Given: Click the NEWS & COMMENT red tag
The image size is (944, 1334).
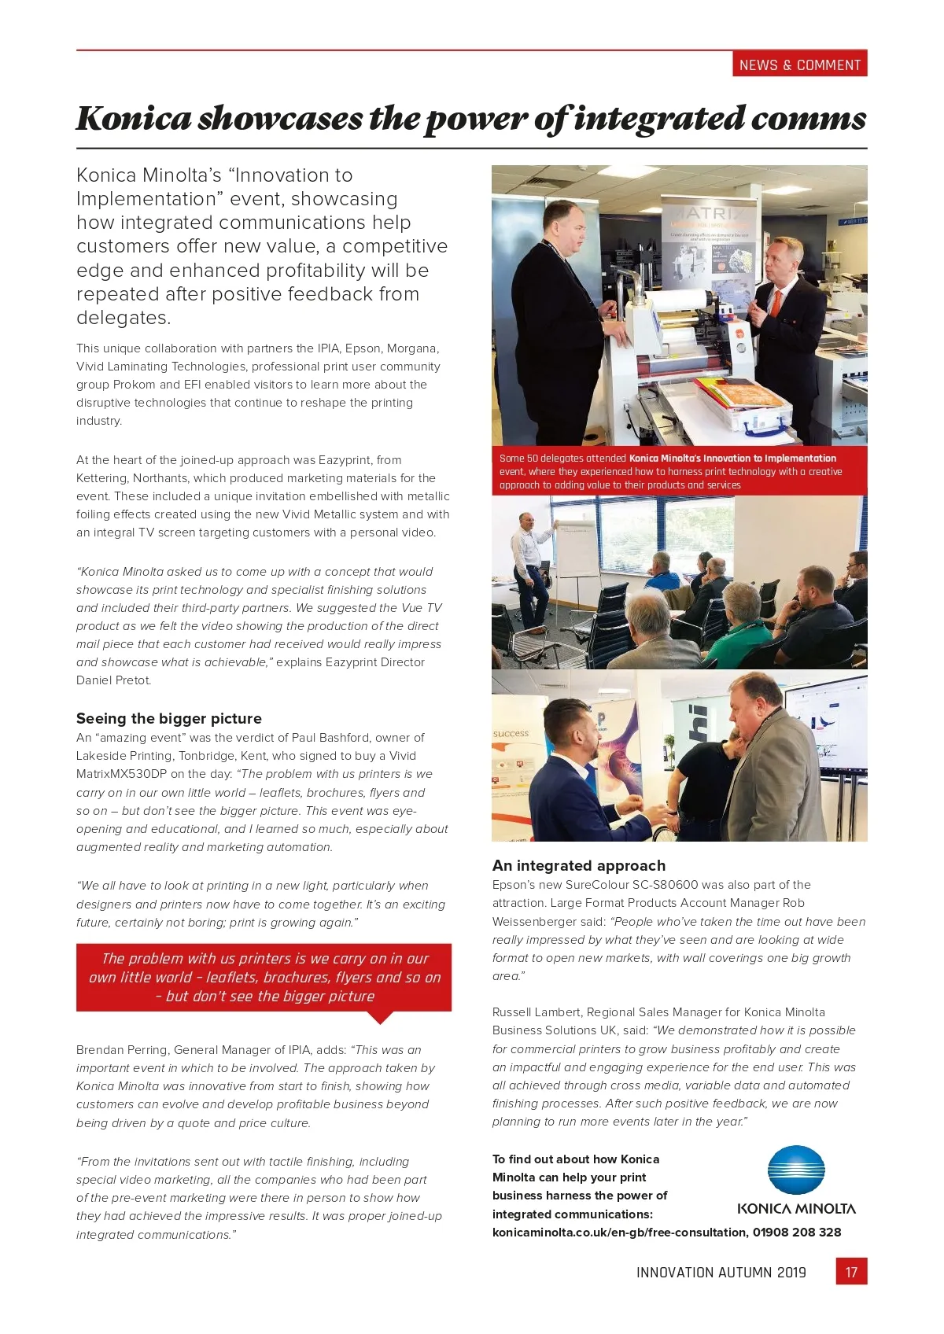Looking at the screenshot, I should (x=799, y=65).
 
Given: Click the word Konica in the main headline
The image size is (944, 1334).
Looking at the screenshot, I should (x=134, y=119).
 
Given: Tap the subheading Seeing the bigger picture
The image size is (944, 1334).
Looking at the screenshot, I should (x=168, y=718).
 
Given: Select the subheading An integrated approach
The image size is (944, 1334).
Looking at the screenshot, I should (x=578, y=865).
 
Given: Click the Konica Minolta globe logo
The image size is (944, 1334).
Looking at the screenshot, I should (x=796, y=1170).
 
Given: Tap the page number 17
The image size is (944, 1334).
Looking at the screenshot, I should (x=851, y=1272).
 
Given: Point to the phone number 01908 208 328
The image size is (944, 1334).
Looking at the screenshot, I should (x=797, y=1232).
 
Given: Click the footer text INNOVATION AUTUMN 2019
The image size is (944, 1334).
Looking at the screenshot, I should (x=721, y=1273).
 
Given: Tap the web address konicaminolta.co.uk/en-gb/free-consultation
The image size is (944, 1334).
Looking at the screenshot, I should (x=620, y=1232).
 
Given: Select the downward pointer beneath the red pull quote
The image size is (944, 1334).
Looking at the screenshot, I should (x=380, y=1017).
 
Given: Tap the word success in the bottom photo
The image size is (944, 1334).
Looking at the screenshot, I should (x=511, y=733).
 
